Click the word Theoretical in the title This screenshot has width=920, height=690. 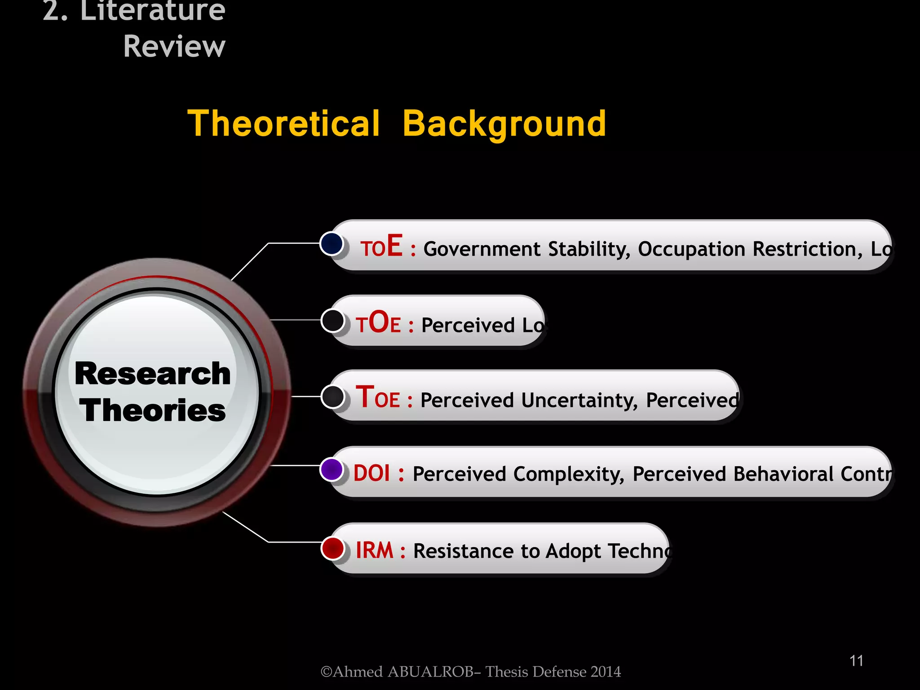point(284,124)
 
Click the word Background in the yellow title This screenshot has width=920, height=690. point(504,124)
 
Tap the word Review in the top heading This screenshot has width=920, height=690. point(174,46)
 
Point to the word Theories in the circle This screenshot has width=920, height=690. point(153,411)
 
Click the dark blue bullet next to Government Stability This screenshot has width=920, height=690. point(332,243)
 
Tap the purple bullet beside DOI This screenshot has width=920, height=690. point(332,469)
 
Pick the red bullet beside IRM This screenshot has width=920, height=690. point(333,548)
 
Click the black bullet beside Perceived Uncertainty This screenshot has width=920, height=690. point(333,397)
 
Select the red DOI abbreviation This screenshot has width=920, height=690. point(372,473)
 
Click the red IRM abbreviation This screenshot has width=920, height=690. point(374,550)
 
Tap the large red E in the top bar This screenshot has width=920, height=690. point(394,246)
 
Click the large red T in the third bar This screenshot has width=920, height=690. point(365,397)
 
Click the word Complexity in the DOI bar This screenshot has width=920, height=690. point(569,474)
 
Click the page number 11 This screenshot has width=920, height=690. point(856,661)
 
